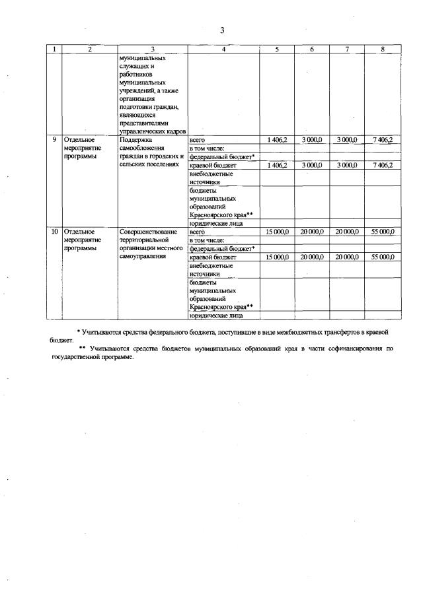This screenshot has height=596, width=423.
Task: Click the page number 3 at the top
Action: [223, 30]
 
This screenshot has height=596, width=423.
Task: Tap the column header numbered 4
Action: [223, 49]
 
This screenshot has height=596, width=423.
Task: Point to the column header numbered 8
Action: [383, 49]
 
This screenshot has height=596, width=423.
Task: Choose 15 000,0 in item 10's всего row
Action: [276, 232]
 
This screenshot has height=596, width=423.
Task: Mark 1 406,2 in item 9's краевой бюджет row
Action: [276, 165]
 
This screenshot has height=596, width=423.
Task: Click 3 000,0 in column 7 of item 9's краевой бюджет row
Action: [346, 165]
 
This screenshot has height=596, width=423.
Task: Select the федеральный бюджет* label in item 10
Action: [221, 249]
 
